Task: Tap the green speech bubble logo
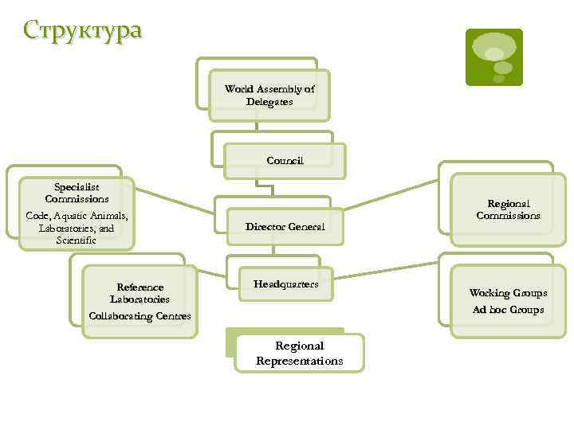click(493, 57)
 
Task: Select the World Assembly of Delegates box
click(269, 96)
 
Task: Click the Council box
click(285, 161)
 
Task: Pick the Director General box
click(285, 226)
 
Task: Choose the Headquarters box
click(285, 284)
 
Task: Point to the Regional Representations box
click(299, 353)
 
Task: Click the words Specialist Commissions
click(77, 192)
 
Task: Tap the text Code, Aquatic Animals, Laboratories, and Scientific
click(77, 227)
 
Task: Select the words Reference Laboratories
click(140, 293)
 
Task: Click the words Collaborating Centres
click(140, 316)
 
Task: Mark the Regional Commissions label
click(508, 209)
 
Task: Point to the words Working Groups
click(508, 293)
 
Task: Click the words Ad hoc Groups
click(508, 309)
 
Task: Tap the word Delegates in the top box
click(269, 102)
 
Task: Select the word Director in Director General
click(265, 226)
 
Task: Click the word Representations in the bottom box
click(299, 361)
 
